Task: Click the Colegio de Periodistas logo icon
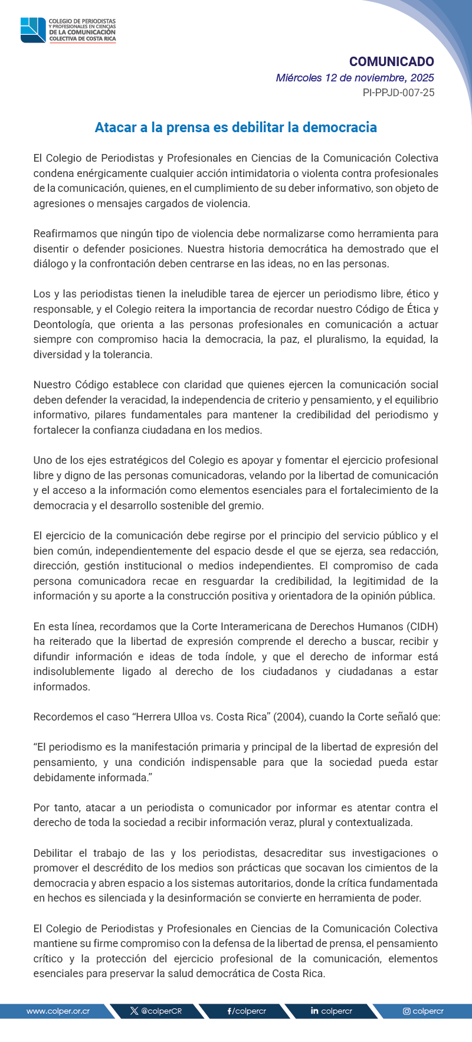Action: click(33, 30)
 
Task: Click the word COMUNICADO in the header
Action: click(391, 62)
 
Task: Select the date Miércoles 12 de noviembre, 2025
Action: click(355, 78)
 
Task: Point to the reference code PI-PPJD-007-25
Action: click(398, 93)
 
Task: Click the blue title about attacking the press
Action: click(235, 127)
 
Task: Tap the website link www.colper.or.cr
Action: click(58, 1011)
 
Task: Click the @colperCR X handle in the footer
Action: click(156, 1011)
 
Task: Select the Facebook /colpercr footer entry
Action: click(247, 1011)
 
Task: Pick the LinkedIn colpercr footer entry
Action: click(332, 1011)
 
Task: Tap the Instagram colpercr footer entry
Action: click(423, 1011)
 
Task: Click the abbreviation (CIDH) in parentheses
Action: click(422, 627)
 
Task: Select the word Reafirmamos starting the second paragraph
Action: click(63, 234)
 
